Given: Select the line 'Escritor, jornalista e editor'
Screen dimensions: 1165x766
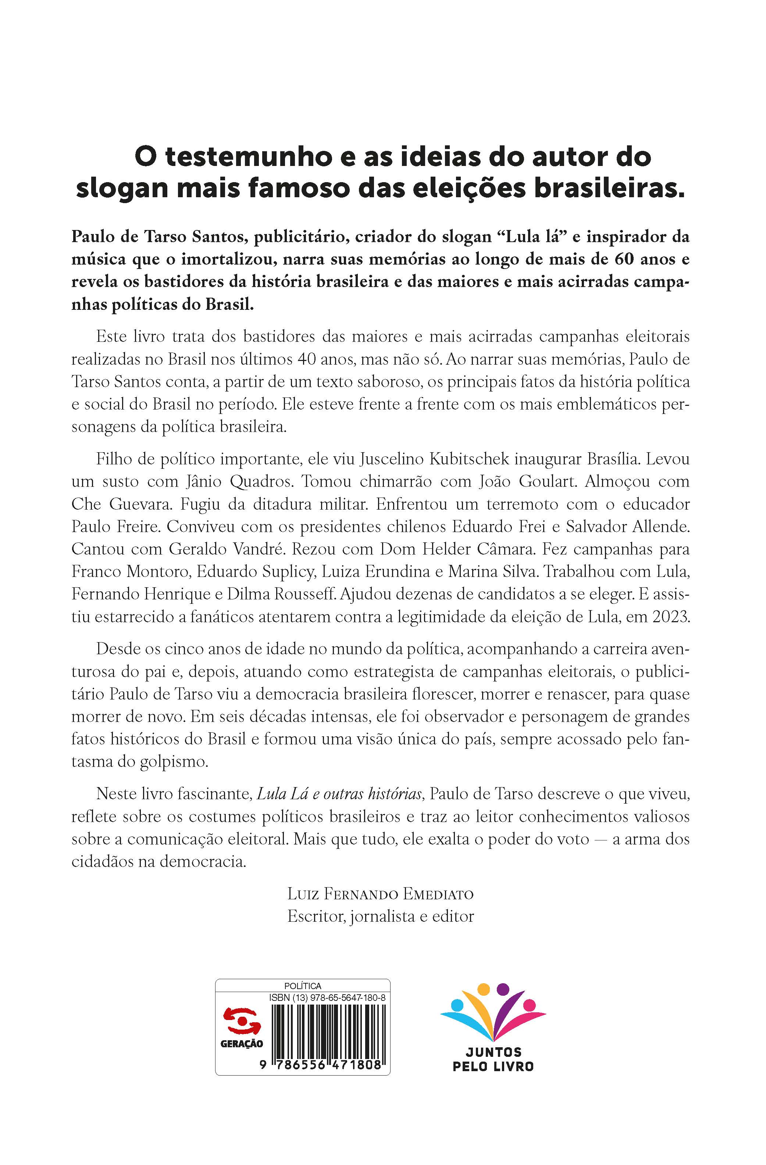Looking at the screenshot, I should (x=381, y=916).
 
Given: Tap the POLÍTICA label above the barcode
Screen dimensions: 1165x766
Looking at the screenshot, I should (x=302, y=986).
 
